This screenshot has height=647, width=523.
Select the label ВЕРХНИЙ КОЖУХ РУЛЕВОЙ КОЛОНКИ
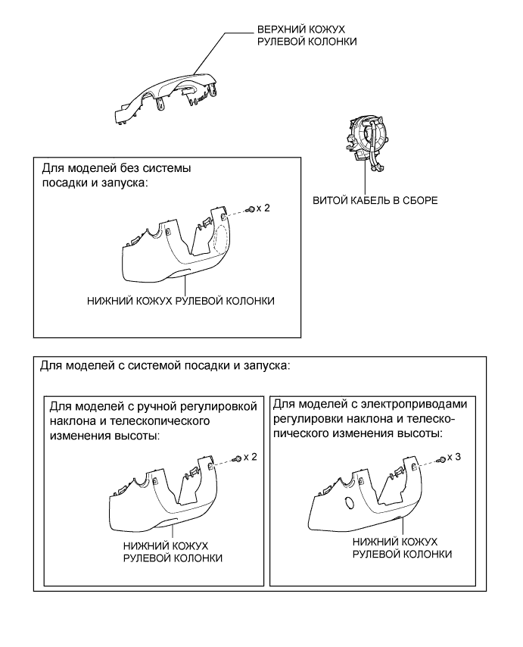pyautogui.click(x=303, y=36)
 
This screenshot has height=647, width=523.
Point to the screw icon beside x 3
pyautogui.click(x=442, y=460)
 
